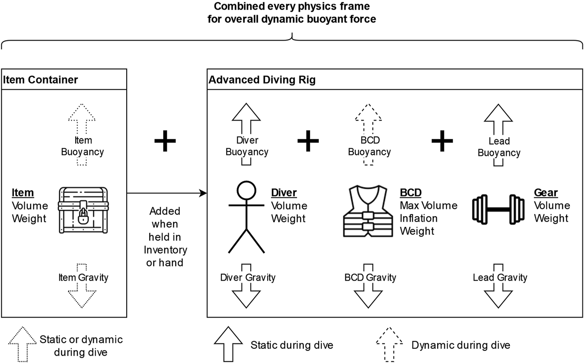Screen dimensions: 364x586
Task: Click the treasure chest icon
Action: [x=83, y=210]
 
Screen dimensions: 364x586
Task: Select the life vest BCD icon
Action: [x=367, y=212]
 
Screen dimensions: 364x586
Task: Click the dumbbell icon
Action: [x=499, y=209]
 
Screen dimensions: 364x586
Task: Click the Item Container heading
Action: [x=41, y=80]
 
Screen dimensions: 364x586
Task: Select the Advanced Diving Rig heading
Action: [x=262, y=80]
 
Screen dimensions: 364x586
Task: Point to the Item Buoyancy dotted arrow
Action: [x=82, y=117]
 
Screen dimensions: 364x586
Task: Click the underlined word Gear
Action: [x=545, y=193]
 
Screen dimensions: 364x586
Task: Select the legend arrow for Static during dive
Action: [x=227, y=345]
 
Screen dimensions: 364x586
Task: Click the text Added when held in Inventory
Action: [x=165, y=237]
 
